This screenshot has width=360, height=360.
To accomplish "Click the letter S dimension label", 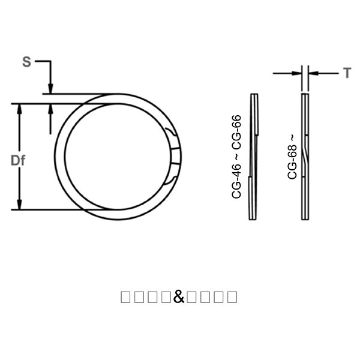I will coord(26,62).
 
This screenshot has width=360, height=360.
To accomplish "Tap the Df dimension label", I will coord(19,160).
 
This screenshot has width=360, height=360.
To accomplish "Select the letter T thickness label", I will coord(347,73).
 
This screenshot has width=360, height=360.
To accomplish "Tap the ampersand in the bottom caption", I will coord(179,296).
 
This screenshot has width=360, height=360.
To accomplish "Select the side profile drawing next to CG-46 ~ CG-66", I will coord(253,156).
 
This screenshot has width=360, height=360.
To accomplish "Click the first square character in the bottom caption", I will coord(126,296).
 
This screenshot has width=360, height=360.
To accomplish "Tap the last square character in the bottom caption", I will coord(232,296).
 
